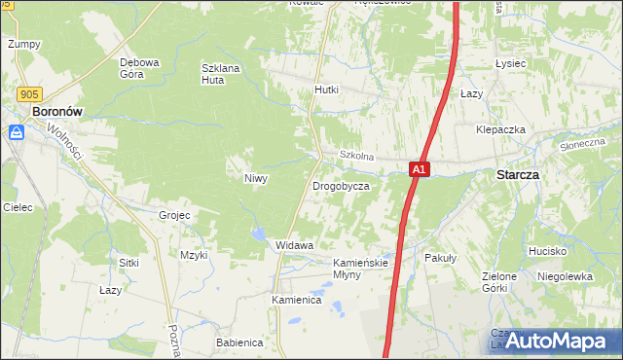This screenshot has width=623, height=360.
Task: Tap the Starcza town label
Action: tap(518, 175)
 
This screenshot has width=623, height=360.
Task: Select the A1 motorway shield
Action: tap(418, 169)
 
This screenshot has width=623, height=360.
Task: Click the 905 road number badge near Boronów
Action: tap(29, 93)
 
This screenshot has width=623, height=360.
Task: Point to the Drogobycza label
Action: tap(341, 185)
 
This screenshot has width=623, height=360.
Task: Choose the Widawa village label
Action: tap(294, 245)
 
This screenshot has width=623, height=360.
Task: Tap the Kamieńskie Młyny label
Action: tap(361, 269)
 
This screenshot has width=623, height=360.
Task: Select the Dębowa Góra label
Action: tap(139, 68)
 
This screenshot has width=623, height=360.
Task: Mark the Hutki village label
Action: tap(326, 90)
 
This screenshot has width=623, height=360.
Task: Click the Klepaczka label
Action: tap(501, 129)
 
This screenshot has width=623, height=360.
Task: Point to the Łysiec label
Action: tap(510, 63)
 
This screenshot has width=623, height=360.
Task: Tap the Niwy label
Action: tap(255, 178)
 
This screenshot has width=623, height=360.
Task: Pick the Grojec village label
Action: tap(173, 214)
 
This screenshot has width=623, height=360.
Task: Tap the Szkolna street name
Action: tap(356, 156)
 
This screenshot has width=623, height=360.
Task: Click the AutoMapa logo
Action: tap(557, 341)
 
